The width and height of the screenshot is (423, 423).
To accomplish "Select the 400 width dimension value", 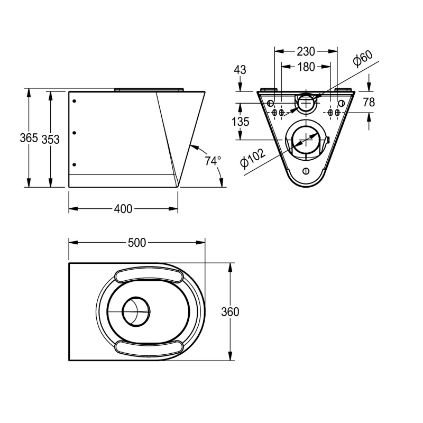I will tap(123, 209).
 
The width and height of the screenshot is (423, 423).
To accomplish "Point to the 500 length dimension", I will tap(137, 243).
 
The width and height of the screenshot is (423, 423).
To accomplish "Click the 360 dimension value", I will tap(230, 312).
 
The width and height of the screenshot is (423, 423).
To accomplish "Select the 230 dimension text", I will tap(305, 51).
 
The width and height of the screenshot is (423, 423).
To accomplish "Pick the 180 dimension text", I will tap(305, 67).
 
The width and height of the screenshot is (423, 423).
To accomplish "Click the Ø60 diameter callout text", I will tap(364, 58).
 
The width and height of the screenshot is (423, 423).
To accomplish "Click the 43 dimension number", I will tap(240, 69).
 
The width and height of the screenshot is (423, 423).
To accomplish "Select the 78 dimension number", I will tap(369, 103).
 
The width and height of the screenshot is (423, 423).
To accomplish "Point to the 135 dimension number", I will tap(240, 122).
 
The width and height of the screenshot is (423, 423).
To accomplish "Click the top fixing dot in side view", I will tap(75, 101).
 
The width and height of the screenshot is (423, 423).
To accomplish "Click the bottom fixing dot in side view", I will tap(75, 164).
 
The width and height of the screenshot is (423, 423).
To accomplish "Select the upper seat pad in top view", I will tap(149, 277).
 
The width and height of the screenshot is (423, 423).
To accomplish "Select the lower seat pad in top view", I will tap(149, 347).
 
